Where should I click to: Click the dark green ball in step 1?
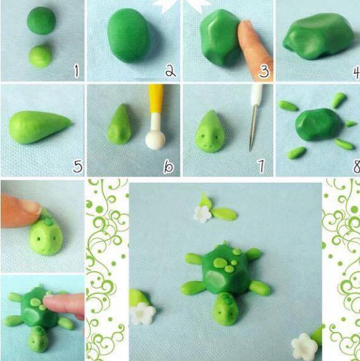[x=42, y=21]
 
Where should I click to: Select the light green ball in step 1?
[x=40, y=57]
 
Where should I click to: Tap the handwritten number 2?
[x=171, y=71]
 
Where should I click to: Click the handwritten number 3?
[x=264, y=71]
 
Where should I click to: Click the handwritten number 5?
[x=77, y=166]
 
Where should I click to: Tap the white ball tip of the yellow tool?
[x=155, y=140]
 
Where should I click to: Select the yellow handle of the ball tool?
[x=156, y=98]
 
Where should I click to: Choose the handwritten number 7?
[x=261, y=166]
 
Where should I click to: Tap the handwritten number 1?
[x=76, y=71]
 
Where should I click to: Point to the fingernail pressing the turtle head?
[x=30, y=205]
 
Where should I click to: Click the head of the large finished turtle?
[x=225, y=309]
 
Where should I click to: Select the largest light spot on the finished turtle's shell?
[x=220, y=263]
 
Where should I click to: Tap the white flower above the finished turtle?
[x=202, y=214]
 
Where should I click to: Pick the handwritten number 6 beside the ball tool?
[x=169, y=167]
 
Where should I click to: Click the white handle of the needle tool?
[x=257, y=95]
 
